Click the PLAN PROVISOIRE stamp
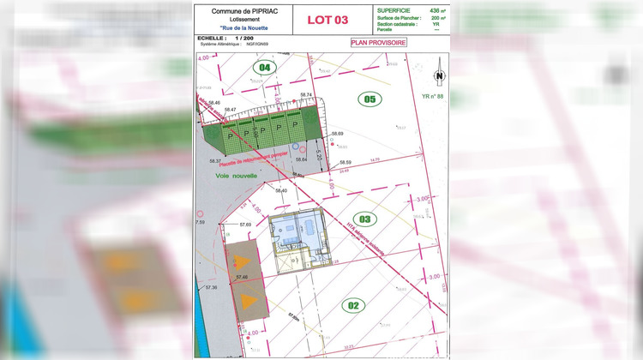click(x=378, y=42)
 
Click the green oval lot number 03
click(x=365, y=219)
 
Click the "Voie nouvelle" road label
click(x=237, y=175)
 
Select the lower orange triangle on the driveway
click(x=248, y=300)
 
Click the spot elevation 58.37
click(x=215, y=161)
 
